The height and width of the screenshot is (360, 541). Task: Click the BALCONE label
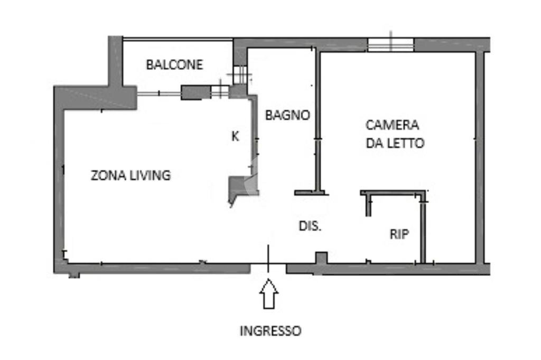(174, 65)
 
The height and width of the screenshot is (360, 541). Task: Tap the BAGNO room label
(287, 115)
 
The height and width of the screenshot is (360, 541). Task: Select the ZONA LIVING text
(130, 176)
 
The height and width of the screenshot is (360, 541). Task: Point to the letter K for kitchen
(235, 136)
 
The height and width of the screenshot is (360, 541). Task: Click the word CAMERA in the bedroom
(393, 125)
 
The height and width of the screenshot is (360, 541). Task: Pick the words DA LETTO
(395, 143)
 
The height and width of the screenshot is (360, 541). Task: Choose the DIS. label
(310, 226)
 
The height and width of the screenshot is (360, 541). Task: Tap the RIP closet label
(399, 235)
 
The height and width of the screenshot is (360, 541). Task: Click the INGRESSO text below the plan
(270, 331)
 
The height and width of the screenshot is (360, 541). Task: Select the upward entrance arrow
(269, 294)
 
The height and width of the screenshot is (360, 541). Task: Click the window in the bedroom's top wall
(391, 45)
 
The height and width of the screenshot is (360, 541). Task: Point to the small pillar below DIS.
(321, 258)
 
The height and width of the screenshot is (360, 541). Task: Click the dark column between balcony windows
(195, 93)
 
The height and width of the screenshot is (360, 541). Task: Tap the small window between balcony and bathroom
(240, 74)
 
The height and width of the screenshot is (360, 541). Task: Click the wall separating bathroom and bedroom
(318, 122)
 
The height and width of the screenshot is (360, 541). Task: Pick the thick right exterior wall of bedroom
(480, 159)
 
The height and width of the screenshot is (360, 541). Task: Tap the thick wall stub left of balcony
(115, 61)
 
